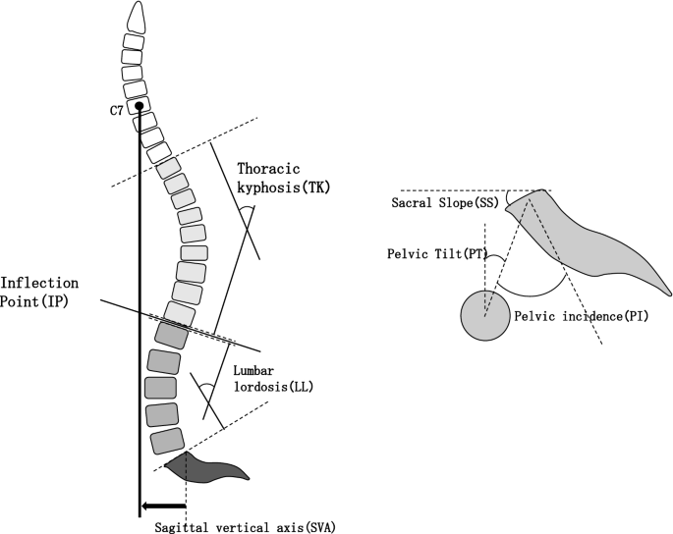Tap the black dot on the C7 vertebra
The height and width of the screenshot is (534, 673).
(140, 106)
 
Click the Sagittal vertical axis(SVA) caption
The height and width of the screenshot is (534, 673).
(246, 526)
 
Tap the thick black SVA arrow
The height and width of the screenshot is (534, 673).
(162, 507)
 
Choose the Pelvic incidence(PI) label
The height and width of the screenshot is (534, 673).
(581, 317)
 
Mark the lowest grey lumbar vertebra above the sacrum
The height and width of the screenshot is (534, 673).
(168, 442)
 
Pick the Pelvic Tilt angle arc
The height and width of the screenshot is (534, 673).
(494, 259)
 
